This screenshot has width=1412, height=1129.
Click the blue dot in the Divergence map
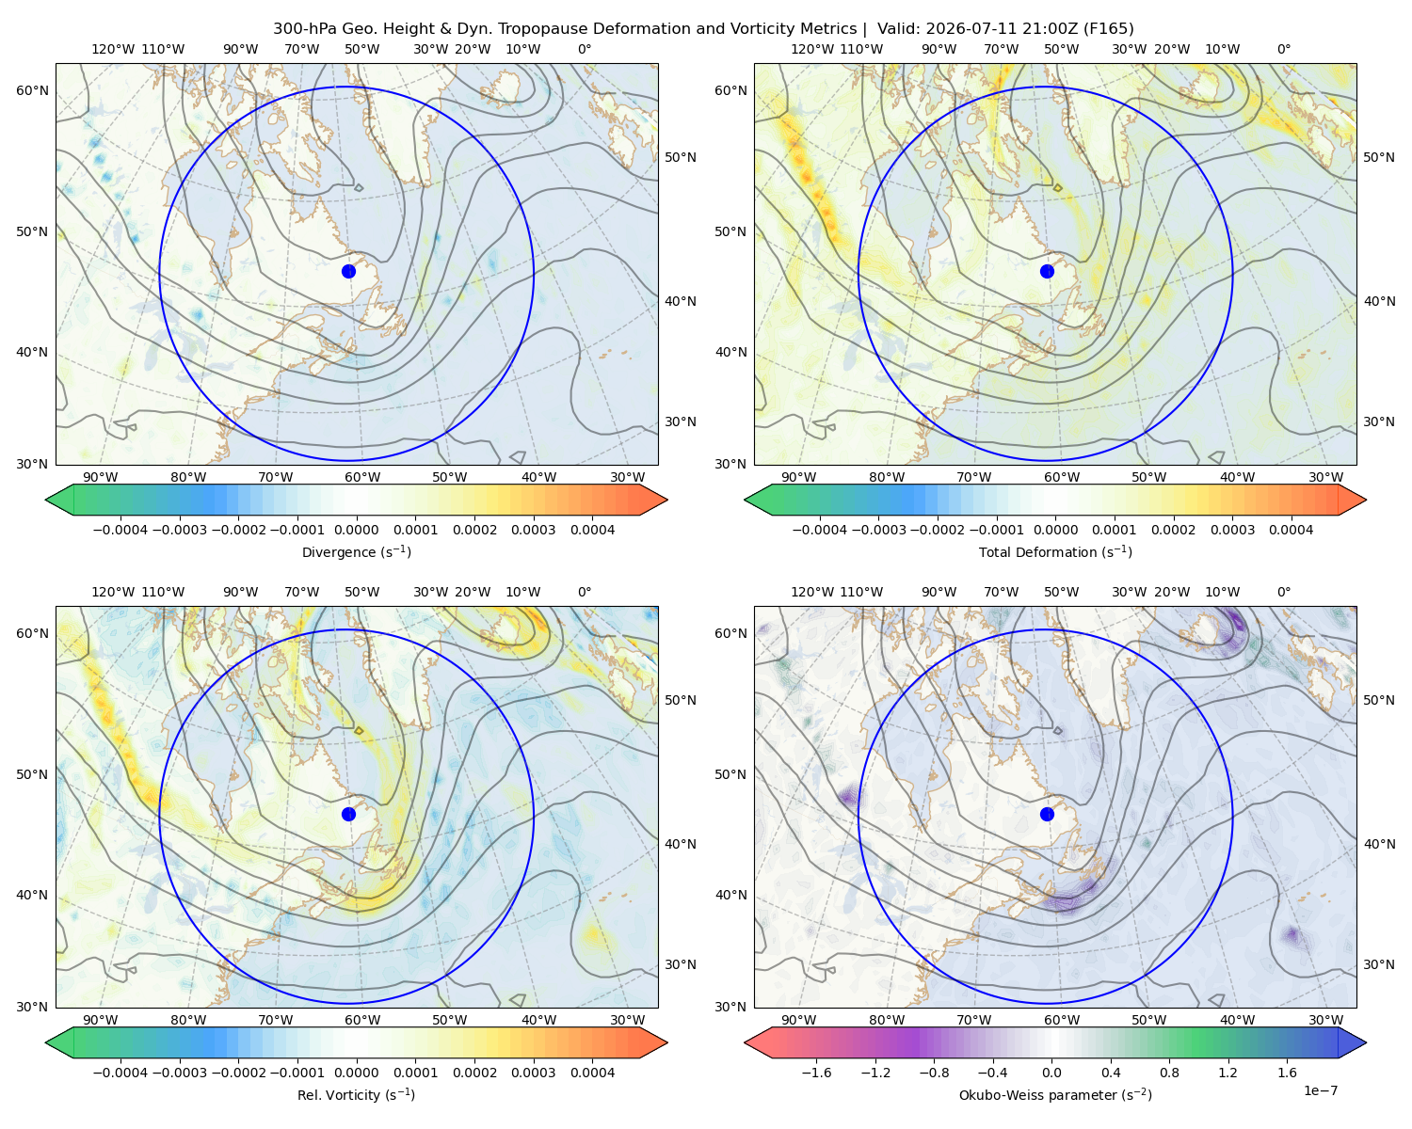pos(348,272)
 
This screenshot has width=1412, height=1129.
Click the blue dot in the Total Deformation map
pos(1047,272)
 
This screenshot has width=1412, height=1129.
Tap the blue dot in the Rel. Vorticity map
pos(348,814)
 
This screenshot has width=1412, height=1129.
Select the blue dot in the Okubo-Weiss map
pos(1047,814)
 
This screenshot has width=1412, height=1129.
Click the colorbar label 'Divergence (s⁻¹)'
pos(356,552)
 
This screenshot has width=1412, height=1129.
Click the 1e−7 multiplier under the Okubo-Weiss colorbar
pos(1320,1090)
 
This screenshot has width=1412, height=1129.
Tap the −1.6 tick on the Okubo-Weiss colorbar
pos(817,1073)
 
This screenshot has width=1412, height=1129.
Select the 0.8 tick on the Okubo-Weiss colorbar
pos(1169,1073)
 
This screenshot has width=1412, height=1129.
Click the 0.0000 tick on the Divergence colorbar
pos(356,530)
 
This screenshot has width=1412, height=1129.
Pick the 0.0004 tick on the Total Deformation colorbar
pos(1292,530)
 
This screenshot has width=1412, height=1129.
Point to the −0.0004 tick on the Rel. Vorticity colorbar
pos(120,1073)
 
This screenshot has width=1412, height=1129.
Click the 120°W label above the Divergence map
pos(113,49)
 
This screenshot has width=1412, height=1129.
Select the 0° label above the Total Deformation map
pos(1284,49)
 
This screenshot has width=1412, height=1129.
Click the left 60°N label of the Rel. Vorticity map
pos(32,634)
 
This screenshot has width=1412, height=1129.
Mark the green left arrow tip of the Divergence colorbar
pos(46,500)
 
